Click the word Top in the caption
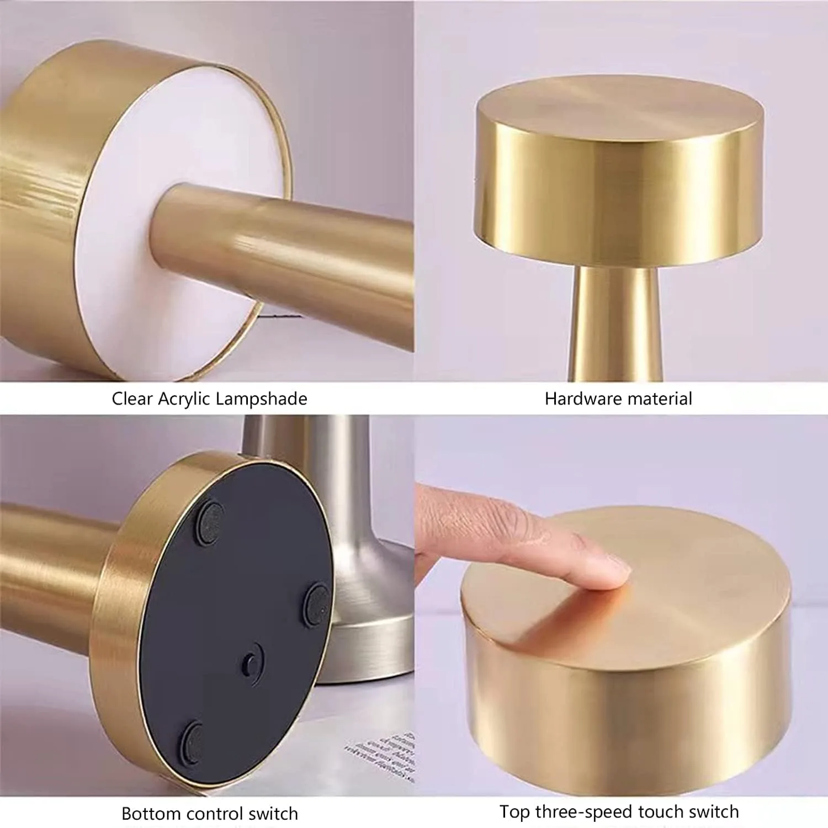[x=514, y=812]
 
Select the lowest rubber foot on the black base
[x=193, y=738]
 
